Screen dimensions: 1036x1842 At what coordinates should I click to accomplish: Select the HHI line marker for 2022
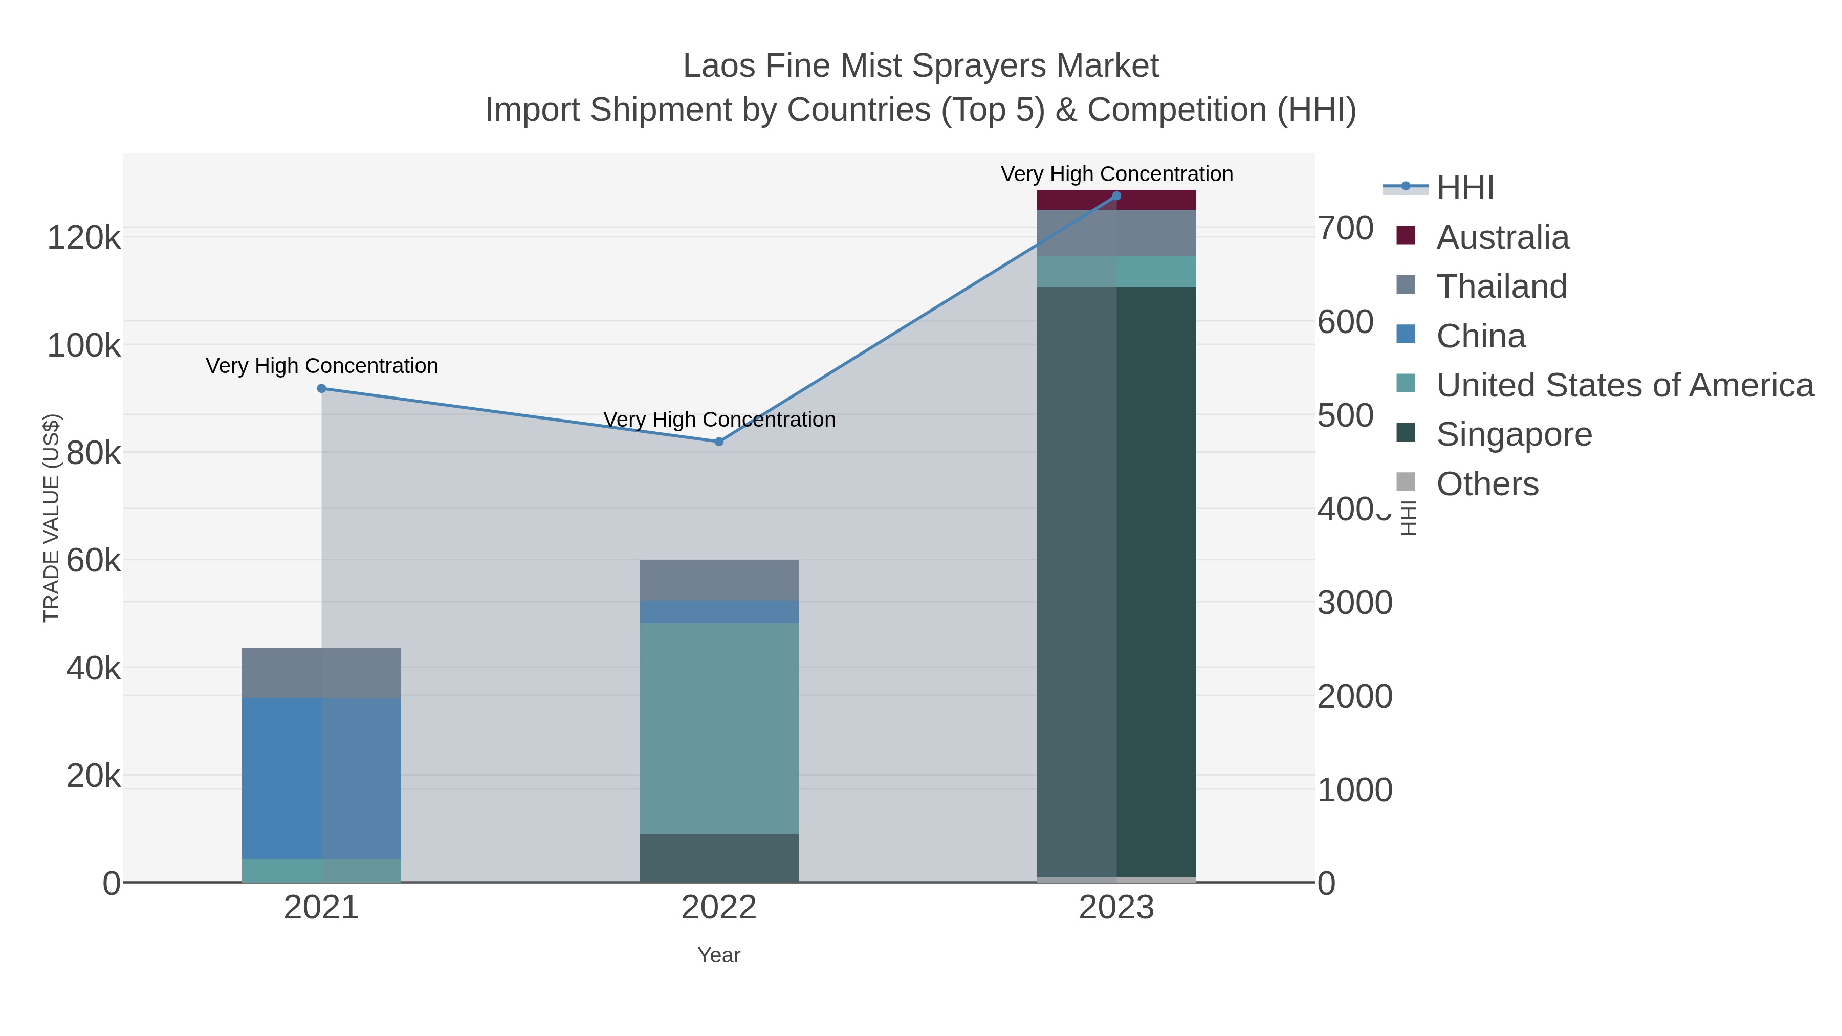(719, 442)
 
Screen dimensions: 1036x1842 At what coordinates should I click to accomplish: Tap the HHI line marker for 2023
(1116, 196)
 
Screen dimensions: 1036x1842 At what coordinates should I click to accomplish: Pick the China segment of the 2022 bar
(719, 612)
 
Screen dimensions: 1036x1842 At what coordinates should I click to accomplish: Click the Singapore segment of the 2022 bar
(719, 858)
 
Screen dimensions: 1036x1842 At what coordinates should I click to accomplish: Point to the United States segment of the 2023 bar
(1116, 272)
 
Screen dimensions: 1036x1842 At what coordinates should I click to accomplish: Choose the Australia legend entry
(1502, 237)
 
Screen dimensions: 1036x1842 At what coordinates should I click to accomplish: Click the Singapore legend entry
(1514, 435)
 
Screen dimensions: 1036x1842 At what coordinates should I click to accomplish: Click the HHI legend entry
(1464, 188)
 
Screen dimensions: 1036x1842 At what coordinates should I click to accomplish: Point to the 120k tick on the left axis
(84, 237)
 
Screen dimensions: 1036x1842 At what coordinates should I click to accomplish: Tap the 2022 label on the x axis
(719, 908)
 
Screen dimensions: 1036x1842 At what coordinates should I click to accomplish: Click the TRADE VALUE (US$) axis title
(52, 518)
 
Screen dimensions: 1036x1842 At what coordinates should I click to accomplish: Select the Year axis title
(719, 955)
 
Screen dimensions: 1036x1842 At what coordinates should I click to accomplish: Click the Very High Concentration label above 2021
(322, 366)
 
